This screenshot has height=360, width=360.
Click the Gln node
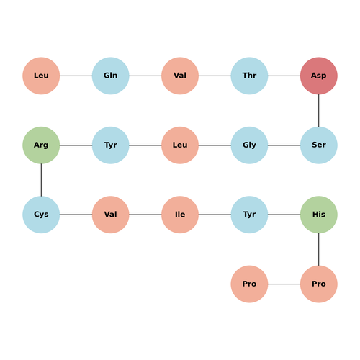pos(110,76)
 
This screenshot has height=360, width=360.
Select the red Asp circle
pos(319,76)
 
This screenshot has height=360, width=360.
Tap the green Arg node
pos(41,145)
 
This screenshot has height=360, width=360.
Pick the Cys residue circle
pos(41,215)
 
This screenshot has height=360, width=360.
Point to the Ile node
pos(180,215)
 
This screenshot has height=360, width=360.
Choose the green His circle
pos(319,215)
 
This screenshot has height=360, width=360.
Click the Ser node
pos(319,145)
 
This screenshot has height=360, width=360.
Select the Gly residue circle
pos(249,145)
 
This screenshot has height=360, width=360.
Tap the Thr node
pos(249,76)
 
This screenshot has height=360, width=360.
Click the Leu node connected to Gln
pos(41,76)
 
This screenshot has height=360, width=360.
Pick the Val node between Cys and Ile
pos(110,215)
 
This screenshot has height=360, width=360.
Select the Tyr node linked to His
pos(249,215)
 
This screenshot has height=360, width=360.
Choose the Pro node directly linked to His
pos(319,284)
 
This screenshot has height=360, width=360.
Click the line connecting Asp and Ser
pos(319,111)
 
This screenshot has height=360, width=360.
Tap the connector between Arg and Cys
pos(41,180)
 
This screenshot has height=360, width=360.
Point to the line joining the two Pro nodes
pos(284,284)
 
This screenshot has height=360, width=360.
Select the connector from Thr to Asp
pos(284,76)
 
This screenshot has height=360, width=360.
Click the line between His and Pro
pos(319,249)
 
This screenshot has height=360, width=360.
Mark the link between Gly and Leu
pos(215,145)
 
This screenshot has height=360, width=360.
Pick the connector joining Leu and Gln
pos(76,76)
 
